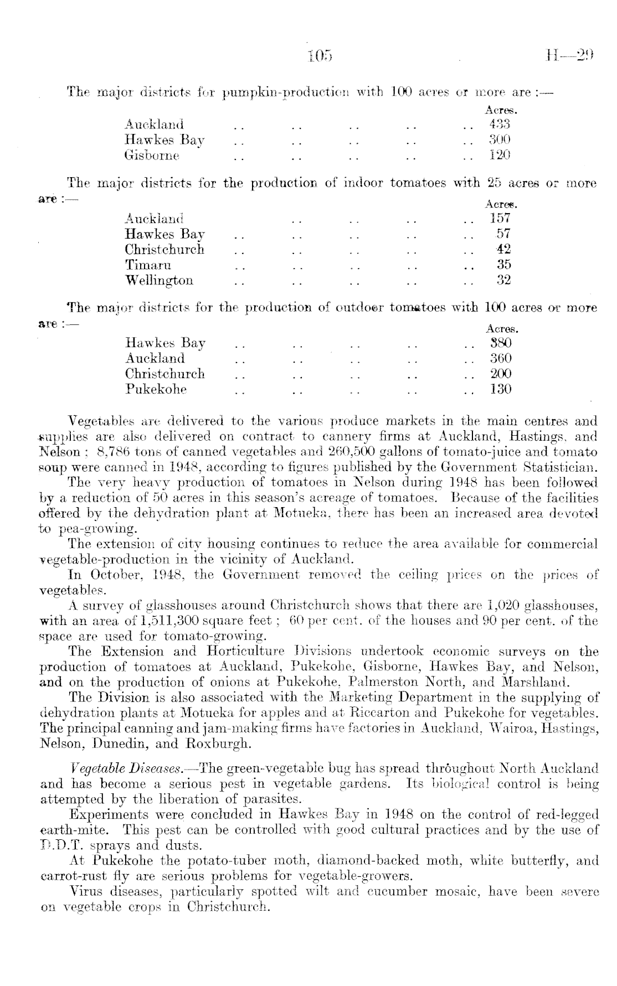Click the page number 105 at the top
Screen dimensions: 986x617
320,55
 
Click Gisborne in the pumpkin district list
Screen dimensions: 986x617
152,156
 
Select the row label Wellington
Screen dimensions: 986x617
160,281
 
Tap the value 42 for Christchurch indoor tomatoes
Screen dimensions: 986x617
503,249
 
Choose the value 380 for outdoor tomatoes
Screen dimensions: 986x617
501,343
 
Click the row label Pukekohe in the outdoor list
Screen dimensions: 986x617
156,390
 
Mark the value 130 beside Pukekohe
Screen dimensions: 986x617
501,389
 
